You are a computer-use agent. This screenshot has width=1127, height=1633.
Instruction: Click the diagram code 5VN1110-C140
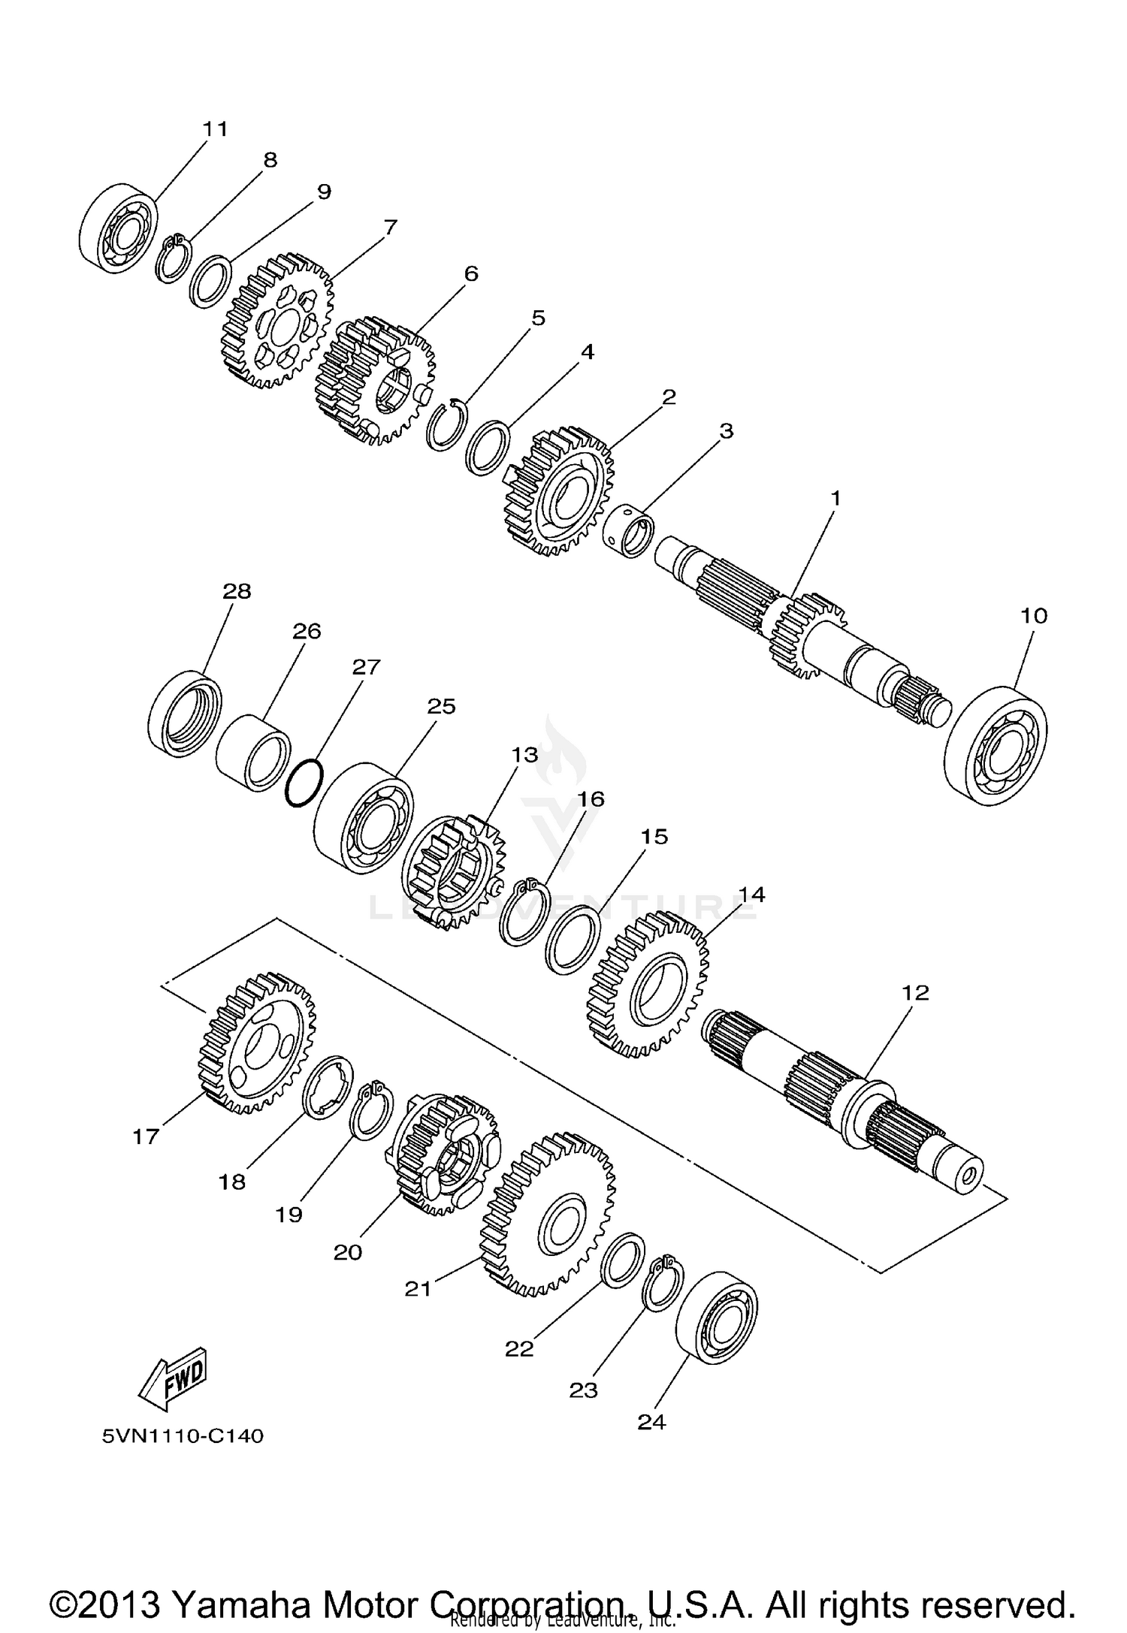pos(183,1436)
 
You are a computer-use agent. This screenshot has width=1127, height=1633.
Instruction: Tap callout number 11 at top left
pos(215,128)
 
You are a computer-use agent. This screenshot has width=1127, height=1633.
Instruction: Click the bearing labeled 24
pos(717,1318)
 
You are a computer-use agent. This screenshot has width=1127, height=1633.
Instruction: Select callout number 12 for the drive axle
pos(916,992)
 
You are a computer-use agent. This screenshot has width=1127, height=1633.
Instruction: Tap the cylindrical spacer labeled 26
pos(254,753)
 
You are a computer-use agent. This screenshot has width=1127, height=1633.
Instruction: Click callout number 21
pos(418,1288)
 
